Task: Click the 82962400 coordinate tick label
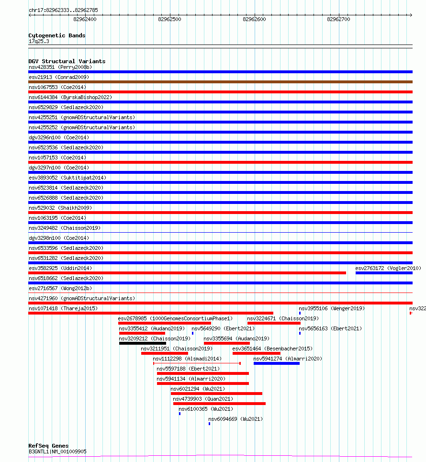pyautogui.click(x=85, y=19)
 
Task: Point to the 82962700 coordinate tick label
pyautogui.click(x=338, y=19)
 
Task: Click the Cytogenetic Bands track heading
pyautogui.click(x=57, y=35)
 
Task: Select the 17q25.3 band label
pyautogui.click(x=39, y=41)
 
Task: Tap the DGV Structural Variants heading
pyautogui.click(x=67, y=61)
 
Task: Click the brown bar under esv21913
pyautogui.click(x=220, y=82)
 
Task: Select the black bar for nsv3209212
pyautogui.click(x=143, y=343)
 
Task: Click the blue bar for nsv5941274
pyautogui.click(x=276, y=363)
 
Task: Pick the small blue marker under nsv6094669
pyautogui.click(x=209, y=424)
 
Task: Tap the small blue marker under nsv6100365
pyautogui.click(x=179, y=414)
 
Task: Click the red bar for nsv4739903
pyautogui.click(x=219, y=404)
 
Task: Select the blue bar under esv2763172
pyautogui.click(x=384, y=273)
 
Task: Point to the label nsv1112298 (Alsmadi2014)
pyautogui.click(x=187, y=359)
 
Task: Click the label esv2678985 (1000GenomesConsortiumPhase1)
pyautogui.click(x=175, y=318)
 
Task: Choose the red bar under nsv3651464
pyautogui.click(x=256, y=353)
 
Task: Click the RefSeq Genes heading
pyautogui.click(x=48, y=446)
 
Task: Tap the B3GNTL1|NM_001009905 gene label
pyautogui.click(x=57, y=451)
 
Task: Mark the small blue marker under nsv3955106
pyautogui.click(x=300, y=313)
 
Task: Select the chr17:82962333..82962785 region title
pyautogui.click(x=61, y=10)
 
